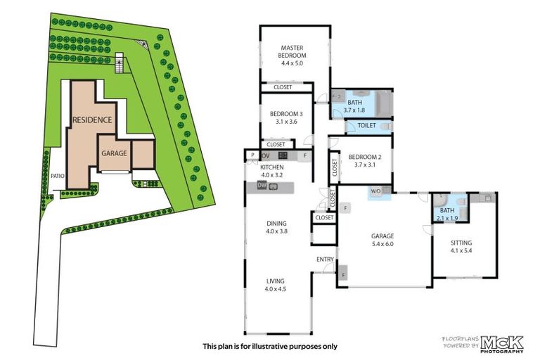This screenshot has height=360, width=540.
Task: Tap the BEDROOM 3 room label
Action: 286,114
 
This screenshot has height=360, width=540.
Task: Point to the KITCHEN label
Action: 271,167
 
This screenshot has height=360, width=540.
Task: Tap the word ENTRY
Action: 325,259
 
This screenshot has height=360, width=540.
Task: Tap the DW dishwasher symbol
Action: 262,186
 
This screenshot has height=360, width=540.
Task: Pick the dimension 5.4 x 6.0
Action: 382,243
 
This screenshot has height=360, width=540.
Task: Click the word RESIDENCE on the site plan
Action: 92,120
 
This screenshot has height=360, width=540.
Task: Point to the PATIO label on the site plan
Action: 57,176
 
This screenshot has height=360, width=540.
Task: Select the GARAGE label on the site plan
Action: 113,153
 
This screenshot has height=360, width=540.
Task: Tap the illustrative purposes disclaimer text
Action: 270,346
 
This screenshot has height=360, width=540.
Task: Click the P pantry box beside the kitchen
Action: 251,155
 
